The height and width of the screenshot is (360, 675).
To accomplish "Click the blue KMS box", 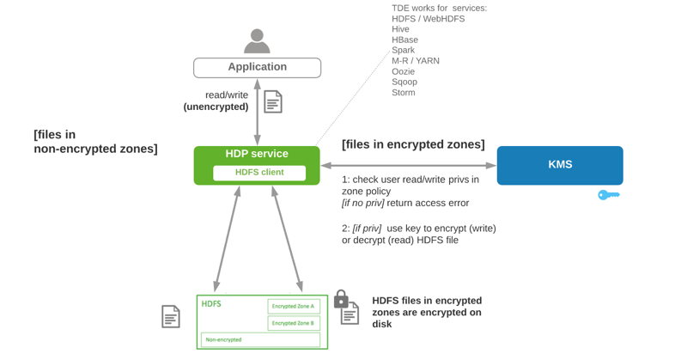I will click(x=559, y=165).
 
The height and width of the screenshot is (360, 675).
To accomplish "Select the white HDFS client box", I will click(x=259, y=173).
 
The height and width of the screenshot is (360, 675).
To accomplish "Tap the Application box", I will click(x=257, y=67).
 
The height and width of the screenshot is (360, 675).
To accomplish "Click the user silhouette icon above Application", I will click(x=257, y=41).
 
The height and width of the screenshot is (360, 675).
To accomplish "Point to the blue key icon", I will click(x=609, y=195).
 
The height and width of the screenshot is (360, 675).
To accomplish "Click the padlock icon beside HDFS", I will click(x=341, y=299).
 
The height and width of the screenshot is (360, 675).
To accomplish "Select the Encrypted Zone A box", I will click(x=294, y=306).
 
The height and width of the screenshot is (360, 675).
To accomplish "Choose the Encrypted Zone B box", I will click(x=294, y=323).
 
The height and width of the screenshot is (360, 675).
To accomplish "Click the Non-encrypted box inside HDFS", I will click(x=260, y=339).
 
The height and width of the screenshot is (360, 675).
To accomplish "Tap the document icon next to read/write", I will click(x=273, y=101).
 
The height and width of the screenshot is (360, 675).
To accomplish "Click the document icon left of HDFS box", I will click(x=171, y=316).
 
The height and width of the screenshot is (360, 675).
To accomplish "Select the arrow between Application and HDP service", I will click(x=257, y=112).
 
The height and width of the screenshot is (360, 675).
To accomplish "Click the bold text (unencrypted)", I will click(x=216, y=107).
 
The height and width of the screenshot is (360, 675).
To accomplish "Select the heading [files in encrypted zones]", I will click(x=413, y=144).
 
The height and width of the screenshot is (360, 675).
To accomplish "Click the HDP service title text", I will click(x=257, y=154).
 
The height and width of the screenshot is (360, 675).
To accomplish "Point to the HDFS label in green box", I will click(x=211, y=304).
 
